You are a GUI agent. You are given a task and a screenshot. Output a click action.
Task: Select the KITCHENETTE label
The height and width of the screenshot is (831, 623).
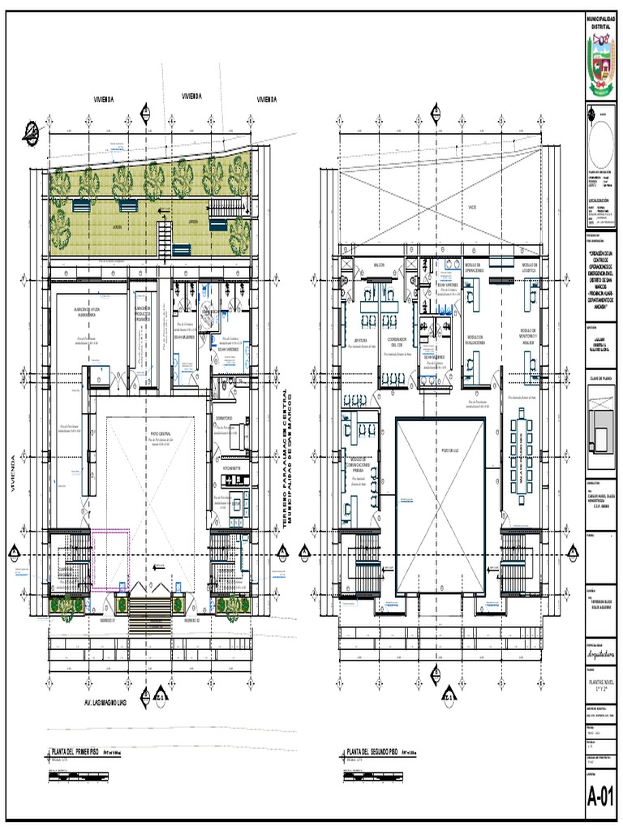tap(230, 469)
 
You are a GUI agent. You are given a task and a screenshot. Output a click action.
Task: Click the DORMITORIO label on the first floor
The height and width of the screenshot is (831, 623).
tap(226, 420)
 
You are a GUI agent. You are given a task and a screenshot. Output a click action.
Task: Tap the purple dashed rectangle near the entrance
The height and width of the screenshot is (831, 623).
tap(110, 560)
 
